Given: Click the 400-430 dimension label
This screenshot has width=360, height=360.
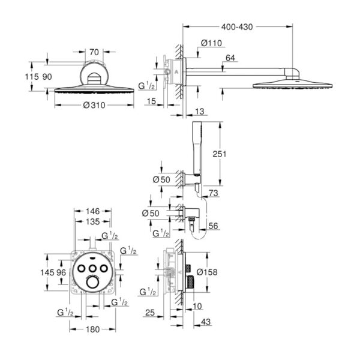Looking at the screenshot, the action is tap(237, 27).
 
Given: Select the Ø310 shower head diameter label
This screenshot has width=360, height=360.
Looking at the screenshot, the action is tap(94, 106).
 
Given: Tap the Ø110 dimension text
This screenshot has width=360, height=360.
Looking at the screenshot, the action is tap(211, 43).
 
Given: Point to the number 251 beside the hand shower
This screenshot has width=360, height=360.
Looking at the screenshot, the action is tap(219, 154).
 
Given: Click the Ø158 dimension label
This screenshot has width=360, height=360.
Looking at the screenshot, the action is tap(207, 272).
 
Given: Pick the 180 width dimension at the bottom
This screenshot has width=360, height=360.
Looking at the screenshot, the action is tap(93, 329).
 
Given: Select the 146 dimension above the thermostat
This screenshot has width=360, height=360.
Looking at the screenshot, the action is tap(93, 211).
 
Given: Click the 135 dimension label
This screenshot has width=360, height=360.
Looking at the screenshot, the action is tap(93, 222).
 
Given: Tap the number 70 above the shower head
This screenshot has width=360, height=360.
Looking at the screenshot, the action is tap(94, 52).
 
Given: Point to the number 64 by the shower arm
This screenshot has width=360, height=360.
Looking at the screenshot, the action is tap(230, 58).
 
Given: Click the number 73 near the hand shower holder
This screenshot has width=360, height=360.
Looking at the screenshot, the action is tap(213, 193).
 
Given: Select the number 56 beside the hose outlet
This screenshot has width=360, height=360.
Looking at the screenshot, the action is tap(213, 226).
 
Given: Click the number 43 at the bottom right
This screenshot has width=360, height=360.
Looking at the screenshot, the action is tap(205, 322).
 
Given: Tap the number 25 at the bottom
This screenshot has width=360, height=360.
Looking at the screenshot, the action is tap(150, 313).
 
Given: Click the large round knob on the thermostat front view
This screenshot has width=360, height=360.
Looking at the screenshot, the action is tap(92, 283).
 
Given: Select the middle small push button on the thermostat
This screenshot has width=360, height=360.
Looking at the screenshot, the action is tap(92, 268).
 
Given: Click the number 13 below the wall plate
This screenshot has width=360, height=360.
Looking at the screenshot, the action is tap(200, 112).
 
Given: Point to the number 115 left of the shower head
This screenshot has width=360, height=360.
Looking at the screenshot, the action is tap(32, 77).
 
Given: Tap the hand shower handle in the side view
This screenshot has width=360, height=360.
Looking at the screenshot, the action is tap(197, 148).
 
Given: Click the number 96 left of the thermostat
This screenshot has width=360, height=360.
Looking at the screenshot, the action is tap(61, 273).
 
